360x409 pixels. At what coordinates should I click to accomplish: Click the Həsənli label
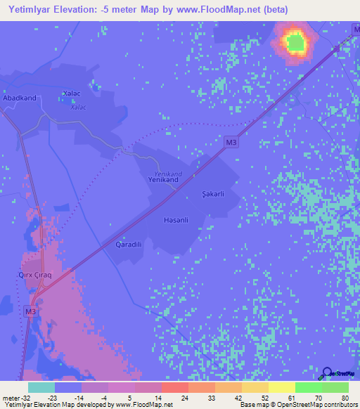174,220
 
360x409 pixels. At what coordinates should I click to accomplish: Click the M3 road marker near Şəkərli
231,143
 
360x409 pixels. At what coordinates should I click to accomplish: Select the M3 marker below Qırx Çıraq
31,311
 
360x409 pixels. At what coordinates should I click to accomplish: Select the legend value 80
345,396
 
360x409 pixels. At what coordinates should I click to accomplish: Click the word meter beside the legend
10,396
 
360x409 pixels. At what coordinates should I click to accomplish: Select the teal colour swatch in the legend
41,387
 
